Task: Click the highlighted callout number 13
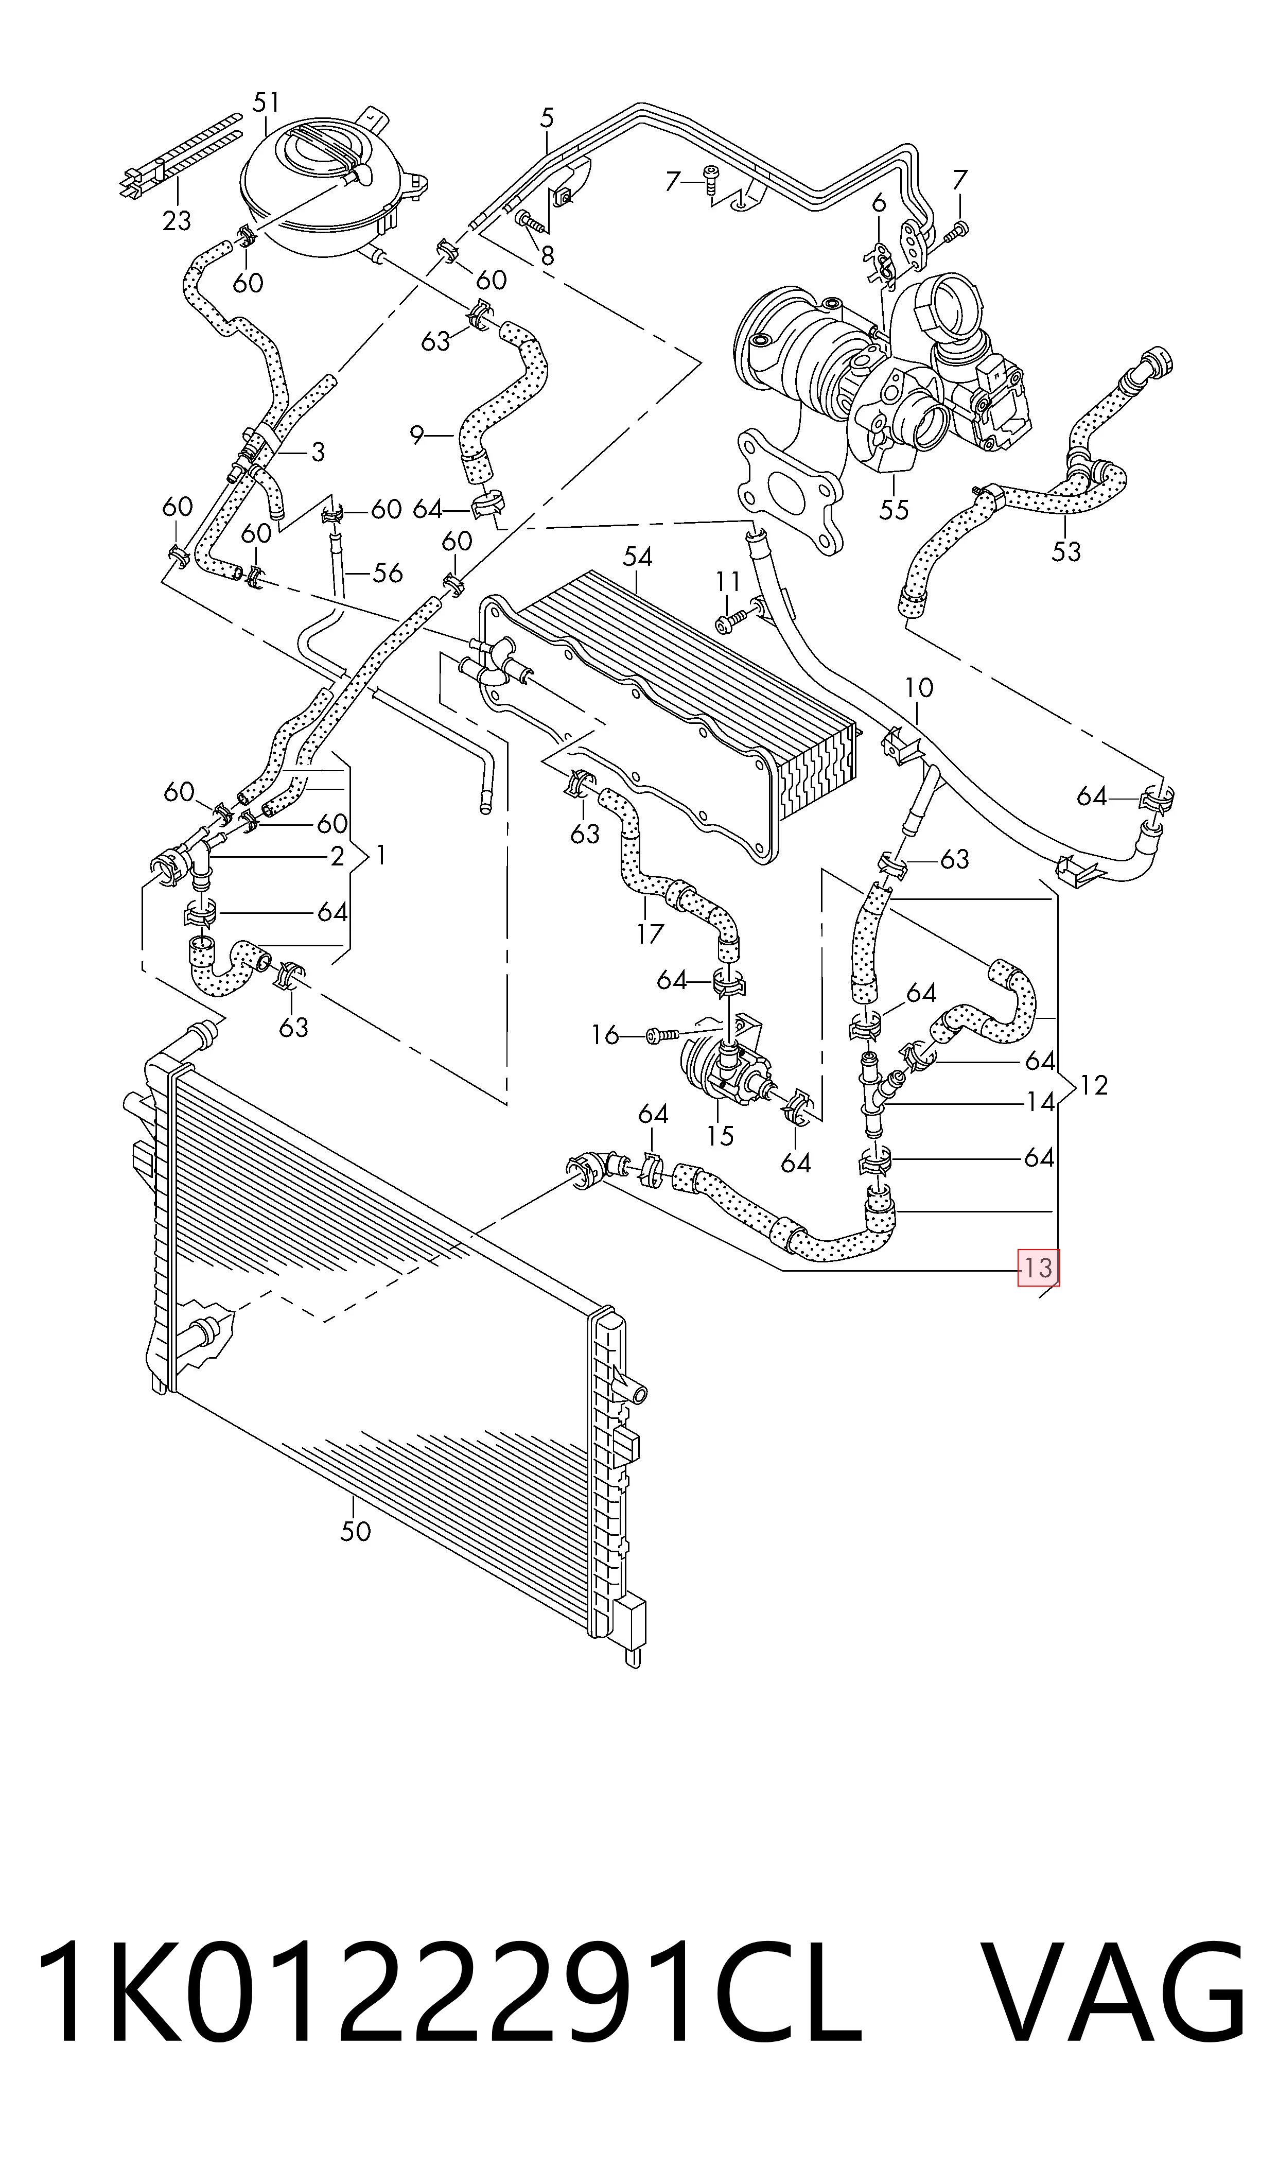click(1039, 1267)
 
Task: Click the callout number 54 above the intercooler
click(637, 557)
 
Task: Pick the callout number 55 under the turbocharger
click(894, 510)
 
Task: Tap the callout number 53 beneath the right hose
click(1066, 551)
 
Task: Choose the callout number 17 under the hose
click(650, 933)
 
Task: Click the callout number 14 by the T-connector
click(1040, 1102)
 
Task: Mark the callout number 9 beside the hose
click(417, 436)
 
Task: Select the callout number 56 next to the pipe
click(388, 573)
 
